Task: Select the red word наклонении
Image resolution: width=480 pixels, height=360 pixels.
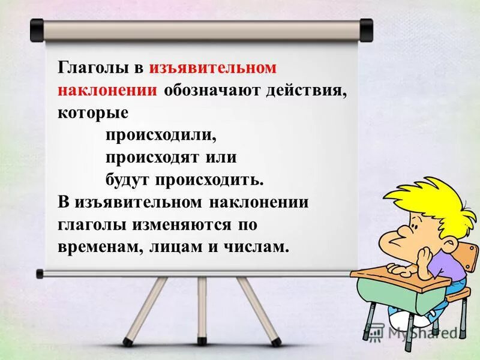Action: (x=108, y=90)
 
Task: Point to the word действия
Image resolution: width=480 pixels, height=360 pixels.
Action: (x=307, y=90)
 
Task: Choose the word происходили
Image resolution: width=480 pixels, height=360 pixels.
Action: (x=161, y=134)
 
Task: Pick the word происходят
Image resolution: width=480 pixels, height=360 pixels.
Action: (x=154, y=157)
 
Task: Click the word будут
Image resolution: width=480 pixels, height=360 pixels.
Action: (x=129, y=179)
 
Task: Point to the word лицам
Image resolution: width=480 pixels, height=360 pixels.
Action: (x=169, y=247)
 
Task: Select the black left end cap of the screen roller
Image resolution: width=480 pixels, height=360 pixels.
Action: (x=37, y=27)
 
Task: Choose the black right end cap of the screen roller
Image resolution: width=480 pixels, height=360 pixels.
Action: (x=366, y=27)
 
